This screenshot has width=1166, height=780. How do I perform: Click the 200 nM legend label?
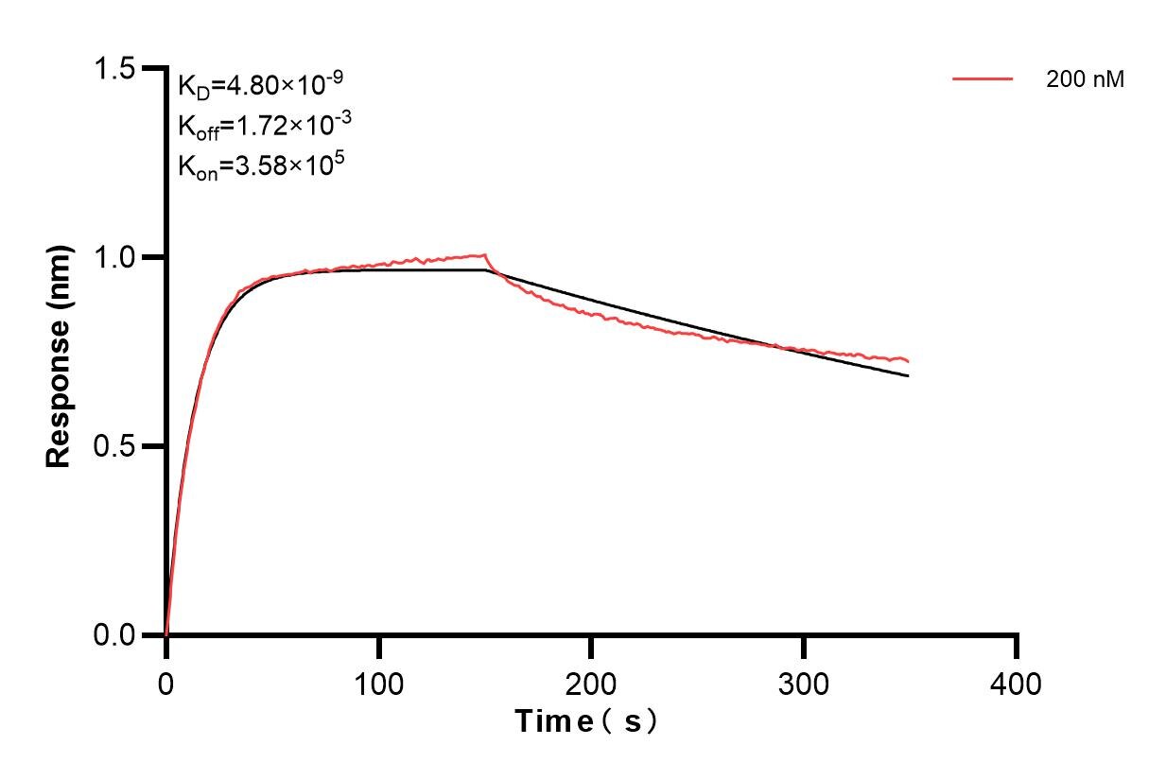pos(1085,80)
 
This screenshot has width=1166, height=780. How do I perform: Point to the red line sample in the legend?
pos(983,80)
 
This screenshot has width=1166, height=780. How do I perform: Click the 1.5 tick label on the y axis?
pos(114,69)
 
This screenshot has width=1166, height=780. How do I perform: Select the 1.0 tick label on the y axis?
pos(114,257)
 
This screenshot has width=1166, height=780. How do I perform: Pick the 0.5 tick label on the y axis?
pos(114,446)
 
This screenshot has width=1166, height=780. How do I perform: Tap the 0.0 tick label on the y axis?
pos(114,634)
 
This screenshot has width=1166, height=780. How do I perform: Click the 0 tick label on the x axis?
pos(166,683)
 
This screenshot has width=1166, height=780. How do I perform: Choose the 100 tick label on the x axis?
pos(378,683)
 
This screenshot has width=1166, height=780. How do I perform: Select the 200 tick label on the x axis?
pos(591,683)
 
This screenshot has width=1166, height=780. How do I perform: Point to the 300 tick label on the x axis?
pos(804,683)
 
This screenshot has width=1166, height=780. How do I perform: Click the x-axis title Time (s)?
pos(585,722)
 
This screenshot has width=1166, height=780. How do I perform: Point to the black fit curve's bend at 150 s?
pos(485,270)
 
